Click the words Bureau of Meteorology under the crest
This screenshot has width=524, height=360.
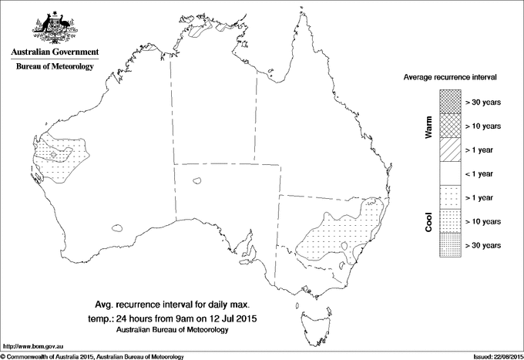(54, 67)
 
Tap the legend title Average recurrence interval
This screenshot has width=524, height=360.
(450, 79)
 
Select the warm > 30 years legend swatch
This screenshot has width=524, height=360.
(450, 99)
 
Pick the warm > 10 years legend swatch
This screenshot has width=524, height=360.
(450, 124)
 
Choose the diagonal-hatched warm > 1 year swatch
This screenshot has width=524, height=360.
(450, 149)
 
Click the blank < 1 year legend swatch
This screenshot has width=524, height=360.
(450, 173)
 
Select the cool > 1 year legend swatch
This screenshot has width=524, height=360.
(450, 198)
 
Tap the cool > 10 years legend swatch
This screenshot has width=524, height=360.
(450, 222)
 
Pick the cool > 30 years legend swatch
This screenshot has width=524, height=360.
(450, 244)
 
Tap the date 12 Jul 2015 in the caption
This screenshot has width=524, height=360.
(233, 318)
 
